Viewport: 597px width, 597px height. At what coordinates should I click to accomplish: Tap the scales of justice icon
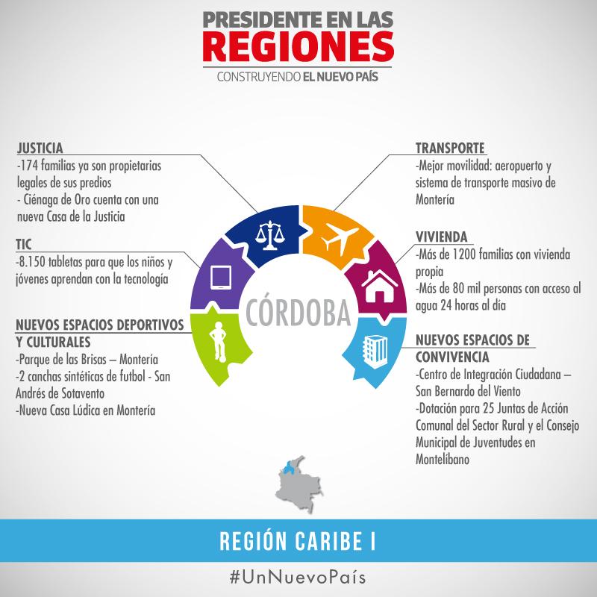click(266, 233)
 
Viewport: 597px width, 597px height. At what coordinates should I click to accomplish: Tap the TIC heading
click(24, 244)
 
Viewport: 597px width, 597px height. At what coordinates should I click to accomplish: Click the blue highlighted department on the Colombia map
click(289, 469)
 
